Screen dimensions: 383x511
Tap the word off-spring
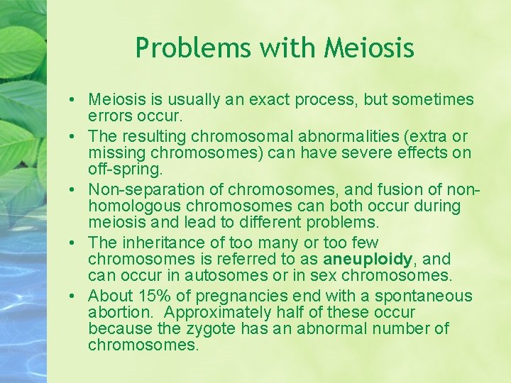click(125, 170)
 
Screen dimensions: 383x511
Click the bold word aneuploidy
click(368, 259)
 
